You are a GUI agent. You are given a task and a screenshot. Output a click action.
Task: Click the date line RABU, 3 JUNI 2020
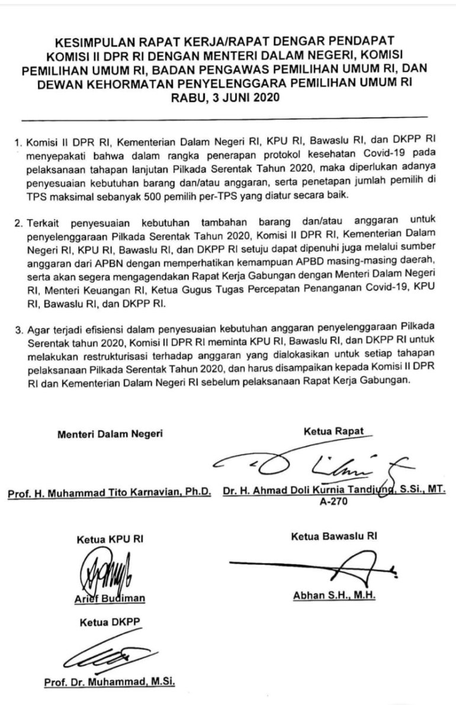228,100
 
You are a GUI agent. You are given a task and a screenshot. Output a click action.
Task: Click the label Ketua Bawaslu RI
334,537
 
